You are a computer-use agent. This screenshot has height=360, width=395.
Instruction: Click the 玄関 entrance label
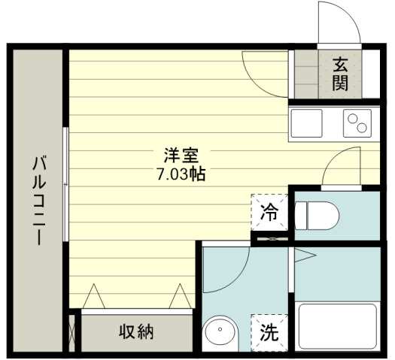340,74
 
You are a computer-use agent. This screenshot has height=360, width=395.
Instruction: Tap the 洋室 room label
181,156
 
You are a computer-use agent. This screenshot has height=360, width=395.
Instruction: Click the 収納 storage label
136,331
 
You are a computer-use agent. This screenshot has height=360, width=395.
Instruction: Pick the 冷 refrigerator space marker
269,213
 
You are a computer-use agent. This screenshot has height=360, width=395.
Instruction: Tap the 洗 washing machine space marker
269,331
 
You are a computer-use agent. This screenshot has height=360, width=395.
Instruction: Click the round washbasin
220,331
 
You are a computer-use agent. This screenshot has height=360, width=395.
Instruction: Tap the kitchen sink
306,123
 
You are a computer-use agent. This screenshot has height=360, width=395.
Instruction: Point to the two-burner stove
357,123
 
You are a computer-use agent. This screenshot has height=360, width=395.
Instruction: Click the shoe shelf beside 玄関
305,74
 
